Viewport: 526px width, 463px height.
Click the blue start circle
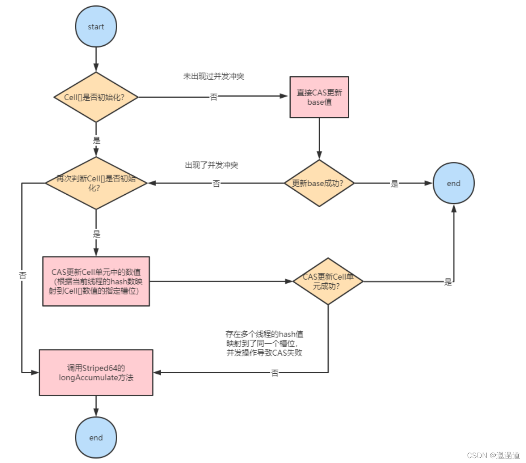[x=96, y=27]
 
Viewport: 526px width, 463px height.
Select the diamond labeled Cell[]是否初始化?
[x=96, y=97]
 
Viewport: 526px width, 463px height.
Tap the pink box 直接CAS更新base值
[x=319, y=97]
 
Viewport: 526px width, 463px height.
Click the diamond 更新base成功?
[x=319, y=183]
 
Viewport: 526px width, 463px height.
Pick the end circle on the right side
[x=453, y=183]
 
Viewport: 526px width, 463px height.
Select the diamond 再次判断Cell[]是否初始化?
[x=96, y=183]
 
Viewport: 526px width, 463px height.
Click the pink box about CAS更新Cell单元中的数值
[x=96, y=281]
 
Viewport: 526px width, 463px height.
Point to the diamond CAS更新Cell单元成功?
[x=328, y=281]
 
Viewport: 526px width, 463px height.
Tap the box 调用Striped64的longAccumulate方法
[x=96, y=373]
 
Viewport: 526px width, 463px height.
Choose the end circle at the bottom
[x=96, y=438]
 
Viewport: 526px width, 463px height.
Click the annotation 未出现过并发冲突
[x=213, y=76]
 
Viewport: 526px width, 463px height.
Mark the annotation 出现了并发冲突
[x=211, y=165]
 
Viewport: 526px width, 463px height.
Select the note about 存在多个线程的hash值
[x=264, y=343]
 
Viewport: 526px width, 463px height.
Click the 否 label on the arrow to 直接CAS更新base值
[x=213, y=97]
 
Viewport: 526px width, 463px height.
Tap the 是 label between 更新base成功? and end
[x=394, y=184]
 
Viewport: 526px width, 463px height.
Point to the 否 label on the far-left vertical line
[x=23, y=275]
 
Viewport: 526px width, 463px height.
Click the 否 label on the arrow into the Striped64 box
[x=275, y=373]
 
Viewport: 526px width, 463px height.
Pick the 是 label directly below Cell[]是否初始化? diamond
[x=96, y=141]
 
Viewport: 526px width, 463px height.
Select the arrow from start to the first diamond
[x=96, y=59]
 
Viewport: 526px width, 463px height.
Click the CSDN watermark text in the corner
[x=493, y=455]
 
